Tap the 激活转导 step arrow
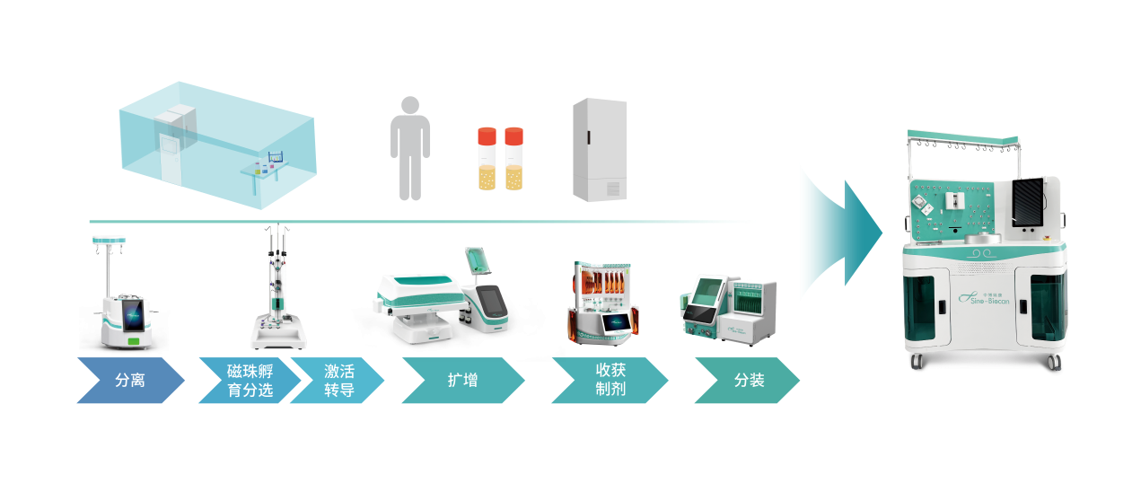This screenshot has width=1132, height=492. [338, 381]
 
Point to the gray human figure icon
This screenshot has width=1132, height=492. [410, 148]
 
